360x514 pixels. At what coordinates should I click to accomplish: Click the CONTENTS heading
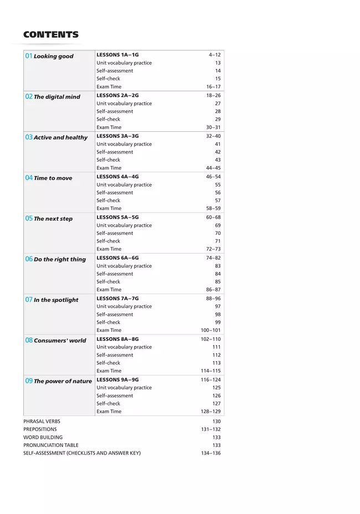[x=51, y=35]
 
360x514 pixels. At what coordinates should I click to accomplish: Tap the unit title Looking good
[x=54, y=56]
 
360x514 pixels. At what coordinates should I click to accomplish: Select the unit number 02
[x=29, y=96]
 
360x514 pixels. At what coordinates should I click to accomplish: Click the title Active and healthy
[x=60, y=137]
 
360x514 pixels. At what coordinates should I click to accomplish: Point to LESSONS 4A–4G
[x=117, y=177]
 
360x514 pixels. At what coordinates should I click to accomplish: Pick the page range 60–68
[x=213, y=217]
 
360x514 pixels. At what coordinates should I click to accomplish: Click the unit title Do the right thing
[x=60, y=259]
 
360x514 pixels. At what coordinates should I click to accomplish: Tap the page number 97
[x=218, y=306]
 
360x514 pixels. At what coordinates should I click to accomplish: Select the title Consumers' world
[x=60, y=341]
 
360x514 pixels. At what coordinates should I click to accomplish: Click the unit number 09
[x=29, y=381]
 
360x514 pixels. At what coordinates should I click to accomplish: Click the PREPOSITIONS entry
[x=40, y=429]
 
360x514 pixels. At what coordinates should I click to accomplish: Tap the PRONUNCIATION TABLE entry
[x=51, y=445]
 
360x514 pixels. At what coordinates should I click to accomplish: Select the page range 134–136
[x=210, y=453]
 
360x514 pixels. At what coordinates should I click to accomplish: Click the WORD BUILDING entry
[x=43, y=438]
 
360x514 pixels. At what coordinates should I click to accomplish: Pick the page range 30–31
[x=213, y=127]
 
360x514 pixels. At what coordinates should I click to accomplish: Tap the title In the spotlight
[x=56, y=300]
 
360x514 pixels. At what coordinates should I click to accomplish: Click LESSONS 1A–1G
[x=117, y=55]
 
